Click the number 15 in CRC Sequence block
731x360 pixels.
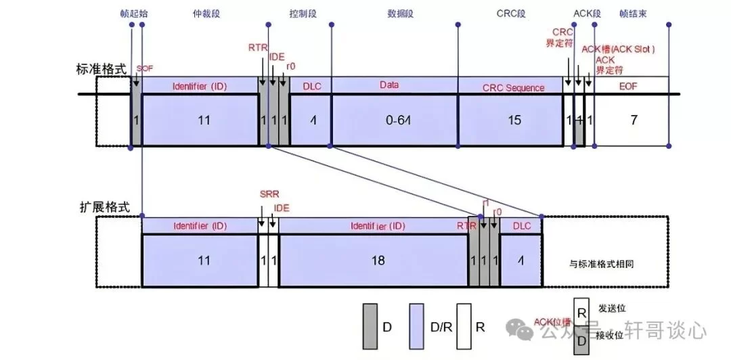[514, 120]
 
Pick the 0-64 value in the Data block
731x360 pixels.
[393, 120]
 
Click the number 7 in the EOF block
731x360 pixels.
[634, 120]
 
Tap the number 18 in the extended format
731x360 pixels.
[378, 260]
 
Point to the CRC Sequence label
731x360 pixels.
[513, 87]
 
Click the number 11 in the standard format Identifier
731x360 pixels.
[204, 120]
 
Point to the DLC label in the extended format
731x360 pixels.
[522, 225]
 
